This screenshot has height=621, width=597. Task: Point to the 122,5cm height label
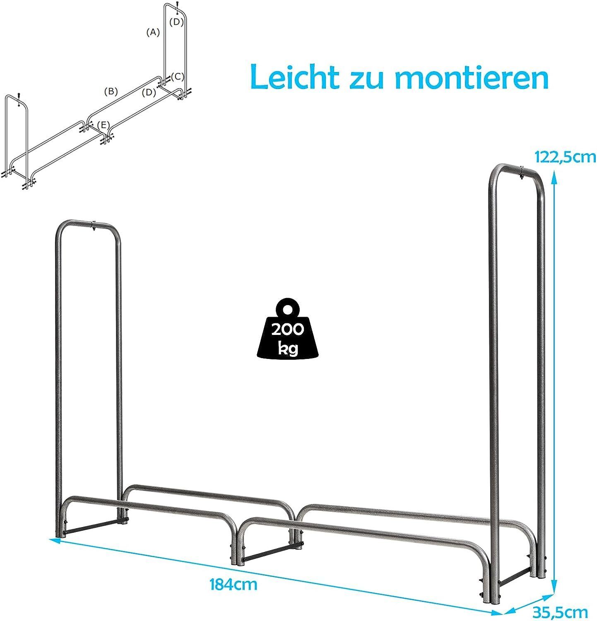click(565, 157)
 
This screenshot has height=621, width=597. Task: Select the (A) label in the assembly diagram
click(153, 32)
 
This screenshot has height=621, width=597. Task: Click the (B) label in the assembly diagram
click(111, 91)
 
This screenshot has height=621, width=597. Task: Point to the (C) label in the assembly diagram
click(177, 76)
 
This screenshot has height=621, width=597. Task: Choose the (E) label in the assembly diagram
click(104, 125)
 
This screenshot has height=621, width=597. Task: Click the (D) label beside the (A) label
click(176, 22)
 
